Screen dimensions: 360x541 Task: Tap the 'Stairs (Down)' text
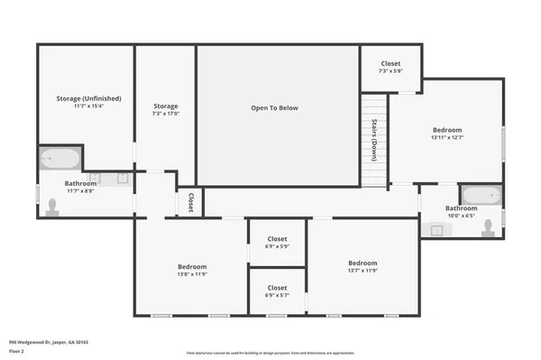[x=372, y=139]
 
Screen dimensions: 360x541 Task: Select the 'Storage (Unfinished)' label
[x=88, y=97]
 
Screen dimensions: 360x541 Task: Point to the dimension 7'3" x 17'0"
[x=165, y=114]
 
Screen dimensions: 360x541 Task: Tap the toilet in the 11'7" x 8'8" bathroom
[x=54, y=208]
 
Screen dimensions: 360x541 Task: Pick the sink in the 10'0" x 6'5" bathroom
[x=436, y=229]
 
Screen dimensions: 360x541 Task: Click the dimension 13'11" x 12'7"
[x=446, y=138]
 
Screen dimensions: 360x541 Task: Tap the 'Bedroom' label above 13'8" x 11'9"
[x=191, y=266]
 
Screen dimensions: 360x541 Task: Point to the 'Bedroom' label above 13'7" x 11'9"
[x=363, y=263]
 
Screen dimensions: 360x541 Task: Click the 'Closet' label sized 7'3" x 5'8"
[x=390, y=63]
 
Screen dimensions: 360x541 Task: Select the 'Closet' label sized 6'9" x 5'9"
[x=277, y=238]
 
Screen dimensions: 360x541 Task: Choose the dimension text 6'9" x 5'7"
[x=277, y=295]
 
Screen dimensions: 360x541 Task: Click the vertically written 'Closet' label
[x=191, y=202]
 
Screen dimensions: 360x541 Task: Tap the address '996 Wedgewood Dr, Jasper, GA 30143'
[x=49, y=342]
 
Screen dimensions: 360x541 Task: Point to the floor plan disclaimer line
[x=270, y=353]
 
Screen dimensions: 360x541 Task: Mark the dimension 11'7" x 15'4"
[x=88, y=106]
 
